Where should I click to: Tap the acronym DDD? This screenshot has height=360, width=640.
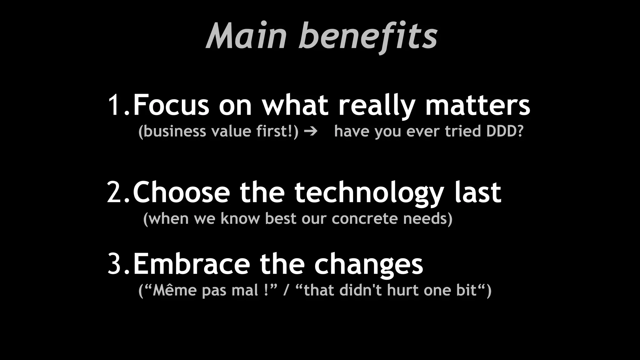[x=505, y=131]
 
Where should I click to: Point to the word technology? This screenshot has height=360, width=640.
[x=369, y=194]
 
